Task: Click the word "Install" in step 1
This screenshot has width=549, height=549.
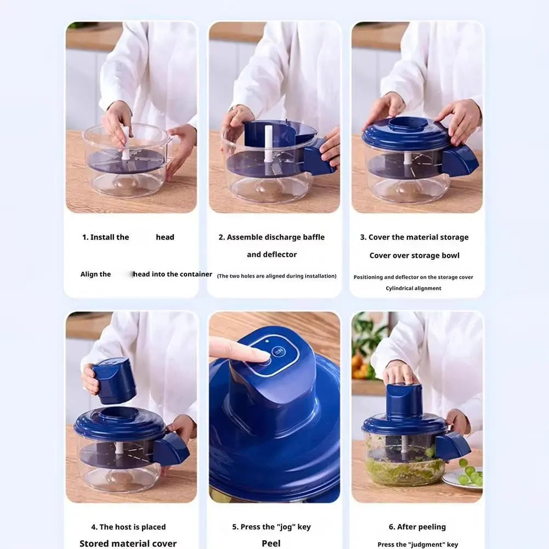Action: (110, 237)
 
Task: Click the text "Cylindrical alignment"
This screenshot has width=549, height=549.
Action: (414, 288)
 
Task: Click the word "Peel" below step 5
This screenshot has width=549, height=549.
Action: (271, 544)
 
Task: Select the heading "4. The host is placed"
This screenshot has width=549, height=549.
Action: (128, 527)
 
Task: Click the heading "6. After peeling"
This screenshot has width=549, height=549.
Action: (417, 527)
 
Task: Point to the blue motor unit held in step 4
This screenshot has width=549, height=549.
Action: (114, 381)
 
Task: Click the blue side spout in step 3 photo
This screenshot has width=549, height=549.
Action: (460, 161)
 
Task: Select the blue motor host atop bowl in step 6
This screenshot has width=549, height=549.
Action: (405, 400)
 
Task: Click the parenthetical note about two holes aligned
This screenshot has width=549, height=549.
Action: (277, 276)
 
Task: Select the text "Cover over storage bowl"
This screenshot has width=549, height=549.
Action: (415, 256)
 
